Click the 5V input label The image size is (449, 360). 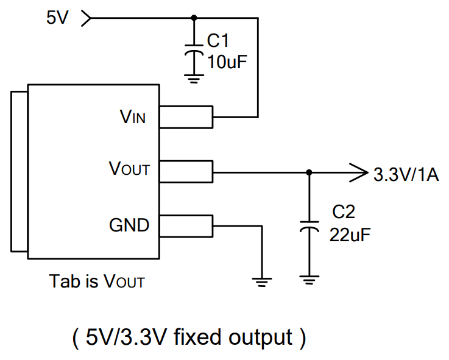tap(58, 18)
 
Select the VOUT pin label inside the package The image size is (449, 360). tap(129, 169)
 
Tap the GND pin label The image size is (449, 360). tap(129, 225)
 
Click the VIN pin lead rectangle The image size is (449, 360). tap(186, 117)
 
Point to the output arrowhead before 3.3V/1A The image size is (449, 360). tap(355, 172)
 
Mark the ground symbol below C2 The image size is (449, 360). tap(309, 280)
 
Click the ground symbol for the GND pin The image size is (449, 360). tap(261, 280)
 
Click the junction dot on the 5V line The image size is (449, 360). tap(194, 18)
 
